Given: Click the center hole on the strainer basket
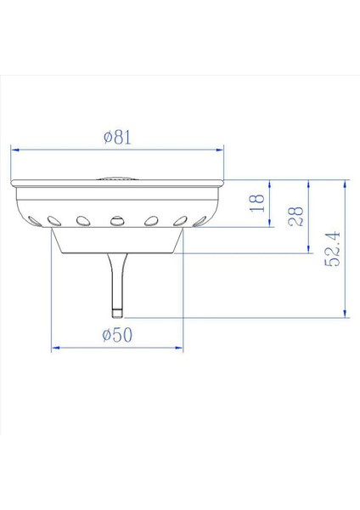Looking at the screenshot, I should coord(116,221).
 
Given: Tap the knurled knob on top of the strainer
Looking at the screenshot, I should coord(116,178).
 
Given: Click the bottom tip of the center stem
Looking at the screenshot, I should coord(116,313).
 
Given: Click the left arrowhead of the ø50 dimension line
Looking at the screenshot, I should coord(55,348).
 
